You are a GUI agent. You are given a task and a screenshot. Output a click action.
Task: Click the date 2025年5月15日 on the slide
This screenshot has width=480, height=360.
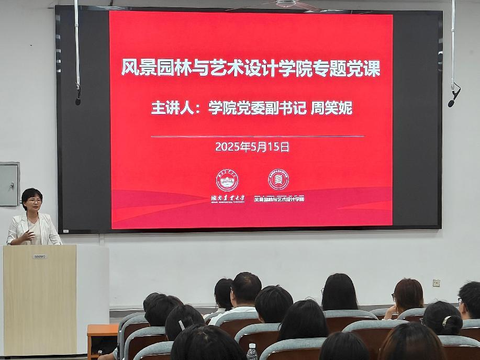[252, 147]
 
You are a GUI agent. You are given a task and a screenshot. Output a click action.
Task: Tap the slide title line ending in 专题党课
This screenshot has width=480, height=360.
[251, 69]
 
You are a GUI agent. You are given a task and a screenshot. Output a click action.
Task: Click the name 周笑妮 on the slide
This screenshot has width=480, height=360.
[332, 108]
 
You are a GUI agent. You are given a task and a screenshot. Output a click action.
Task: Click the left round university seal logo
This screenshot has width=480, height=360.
[227, 180]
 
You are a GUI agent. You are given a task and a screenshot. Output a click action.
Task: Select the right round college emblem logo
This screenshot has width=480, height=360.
[278, 179]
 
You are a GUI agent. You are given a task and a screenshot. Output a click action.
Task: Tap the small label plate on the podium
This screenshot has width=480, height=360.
[40, 256]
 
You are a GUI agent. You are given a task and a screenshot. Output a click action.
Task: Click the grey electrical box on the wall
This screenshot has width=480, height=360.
[9, 184]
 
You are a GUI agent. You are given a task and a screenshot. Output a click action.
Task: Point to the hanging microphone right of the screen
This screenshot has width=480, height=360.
[453, 96]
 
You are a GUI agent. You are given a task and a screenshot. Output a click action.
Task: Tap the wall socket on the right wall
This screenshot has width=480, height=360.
[436, 283]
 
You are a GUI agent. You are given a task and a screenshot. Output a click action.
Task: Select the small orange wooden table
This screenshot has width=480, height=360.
[102, 331]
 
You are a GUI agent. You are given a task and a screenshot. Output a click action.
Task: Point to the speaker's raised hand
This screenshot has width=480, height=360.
[29, 236]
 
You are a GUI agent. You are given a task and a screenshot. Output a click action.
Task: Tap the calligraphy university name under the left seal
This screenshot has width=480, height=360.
[227, 199]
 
